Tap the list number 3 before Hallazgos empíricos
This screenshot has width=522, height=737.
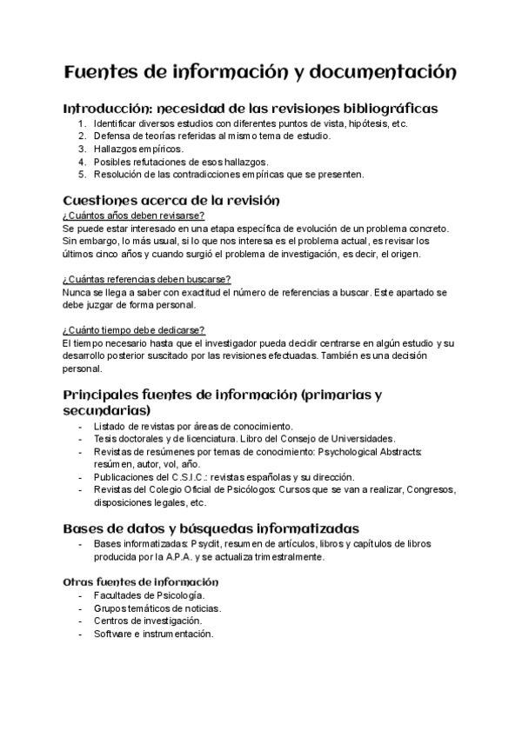[82, 149]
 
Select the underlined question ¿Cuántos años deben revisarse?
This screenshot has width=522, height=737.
[133, 215]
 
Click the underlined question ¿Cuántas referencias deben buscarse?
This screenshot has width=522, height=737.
[146, 278]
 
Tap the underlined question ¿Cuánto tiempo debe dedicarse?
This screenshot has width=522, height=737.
[134, 329]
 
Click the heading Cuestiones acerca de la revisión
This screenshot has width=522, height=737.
[171, 200]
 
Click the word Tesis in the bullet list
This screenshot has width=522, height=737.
[105, 439]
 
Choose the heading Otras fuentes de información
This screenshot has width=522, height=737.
[140, 581]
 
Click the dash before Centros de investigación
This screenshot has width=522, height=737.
[81, 621]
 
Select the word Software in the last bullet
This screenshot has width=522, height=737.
[114, 634]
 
